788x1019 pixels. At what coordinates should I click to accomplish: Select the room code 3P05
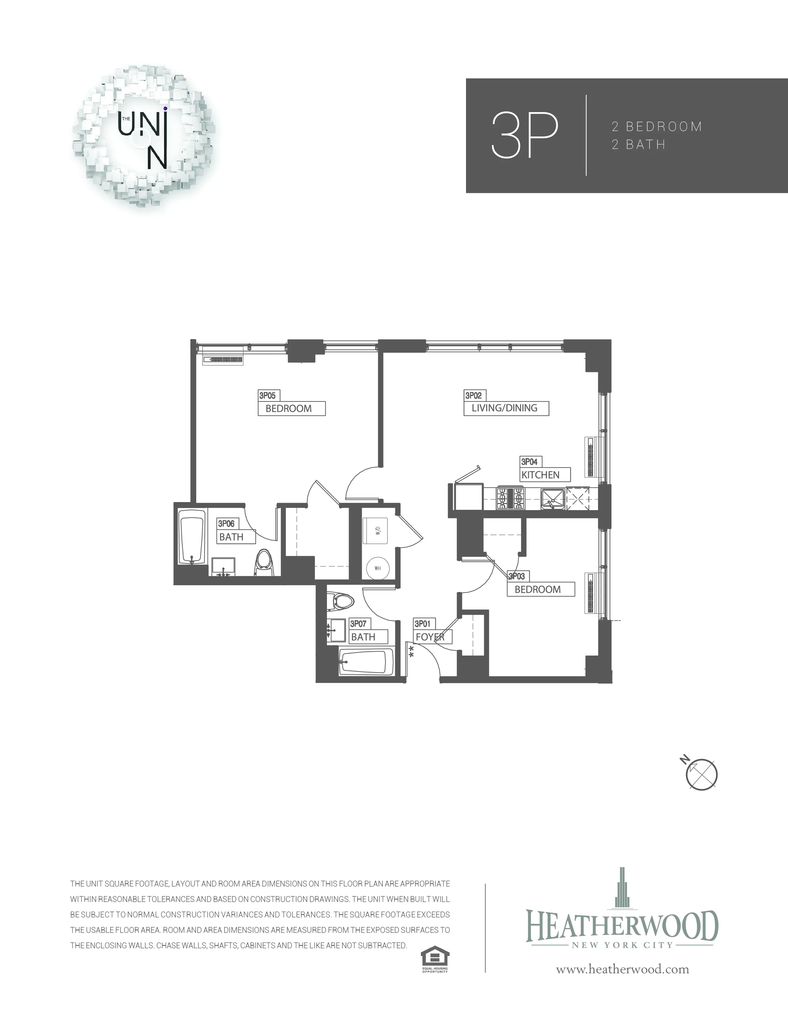coord(268,396)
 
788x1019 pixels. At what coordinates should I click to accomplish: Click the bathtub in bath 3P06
coord(192,538)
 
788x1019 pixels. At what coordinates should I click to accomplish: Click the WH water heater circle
coord(378,568)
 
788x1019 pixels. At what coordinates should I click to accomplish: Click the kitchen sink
coord(552,499)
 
